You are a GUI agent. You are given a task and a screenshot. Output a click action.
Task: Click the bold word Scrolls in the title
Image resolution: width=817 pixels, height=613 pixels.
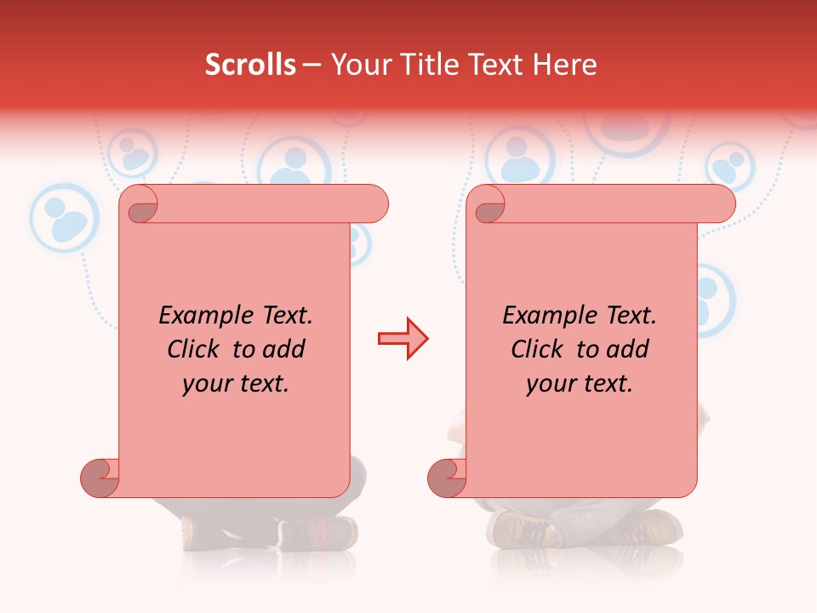(250, 65)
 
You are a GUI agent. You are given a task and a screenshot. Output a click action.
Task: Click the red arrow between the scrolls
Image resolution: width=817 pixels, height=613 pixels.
(403, 339)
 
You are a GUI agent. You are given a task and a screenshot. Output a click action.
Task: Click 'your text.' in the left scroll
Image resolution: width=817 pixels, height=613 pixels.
(236, 383)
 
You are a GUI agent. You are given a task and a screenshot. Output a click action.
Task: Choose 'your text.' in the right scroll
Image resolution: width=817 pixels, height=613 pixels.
(580, 383)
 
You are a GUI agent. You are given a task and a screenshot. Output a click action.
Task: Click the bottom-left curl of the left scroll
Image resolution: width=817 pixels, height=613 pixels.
(100, 477)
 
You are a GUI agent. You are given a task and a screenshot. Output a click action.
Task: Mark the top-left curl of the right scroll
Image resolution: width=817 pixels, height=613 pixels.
(487, 204)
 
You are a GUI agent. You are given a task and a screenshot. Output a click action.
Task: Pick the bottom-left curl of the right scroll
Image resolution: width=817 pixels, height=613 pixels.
(447, 477)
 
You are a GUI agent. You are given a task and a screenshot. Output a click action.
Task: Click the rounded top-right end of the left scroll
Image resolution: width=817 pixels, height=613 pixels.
(373, 204)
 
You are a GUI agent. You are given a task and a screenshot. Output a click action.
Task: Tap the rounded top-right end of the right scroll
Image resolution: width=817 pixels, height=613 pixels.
(720, 204)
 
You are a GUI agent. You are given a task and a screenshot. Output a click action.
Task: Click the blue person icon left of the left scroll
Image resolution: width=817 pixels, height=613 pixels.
(65, 218)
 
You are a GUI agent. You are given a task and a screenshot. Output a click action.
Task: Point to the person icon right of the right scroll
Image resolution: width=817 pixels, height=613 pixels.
(709, 298)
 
